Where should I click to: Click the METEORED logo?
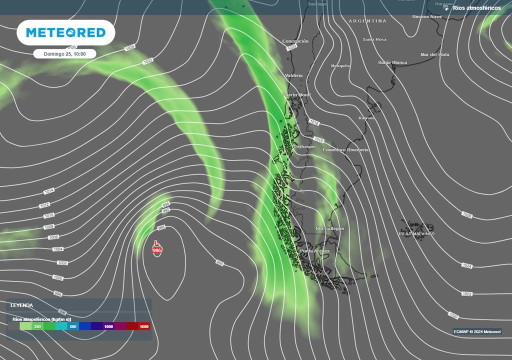(66, 33)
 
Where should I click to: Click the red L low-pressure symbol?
(156, 243)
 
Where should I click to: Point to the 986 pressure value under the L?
(156, 250)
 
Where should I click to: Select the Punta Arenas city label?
(314, 251)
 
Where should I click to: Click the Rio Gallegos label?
(329, 228)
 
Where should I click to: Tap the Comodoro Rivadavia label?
(345, 150)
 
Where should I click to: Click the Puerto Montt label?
(296, 95)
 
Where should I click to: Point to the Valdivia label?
(293, 75)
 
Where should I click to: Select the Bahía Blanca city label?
(392, 62)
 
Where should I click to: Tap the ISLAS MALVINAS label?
(416, 233)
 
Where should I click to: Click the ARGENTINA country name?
(367, 21)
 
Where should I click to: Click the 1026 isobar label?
(467, 215)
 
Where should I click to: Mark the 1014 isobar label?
(49, 191)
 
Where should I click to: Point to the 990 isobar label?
(220, 262)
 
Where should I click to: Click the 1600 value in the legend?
(144, 326)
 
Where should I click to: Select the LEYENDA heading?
(22, 305)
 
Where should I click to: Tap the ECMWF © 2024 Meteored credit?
(476, 331)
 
